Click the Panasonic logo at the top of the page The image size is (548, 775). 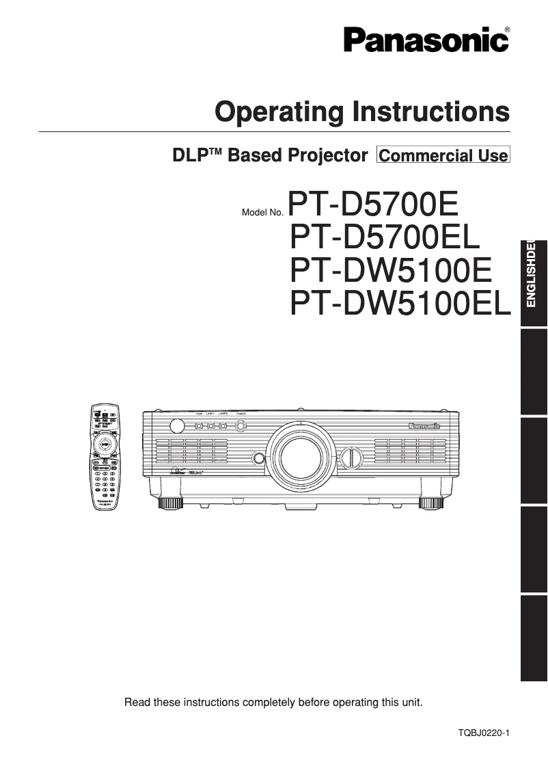[426, 39]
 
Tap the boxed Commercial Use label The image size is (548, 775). [443, 155]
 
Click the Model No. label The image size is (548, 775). [262, 213]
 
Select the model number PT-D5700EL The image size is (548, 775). [386, 237]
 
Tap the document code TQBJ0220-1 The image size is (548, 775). [484, 733]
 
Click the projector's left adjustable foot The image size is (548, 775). [171, 503]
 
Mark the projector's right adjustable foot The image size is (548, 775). [430, 503]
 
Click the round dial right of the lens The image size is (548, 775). [351, 457]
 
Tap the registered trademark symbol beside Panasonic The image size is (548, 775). [506, 29]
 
